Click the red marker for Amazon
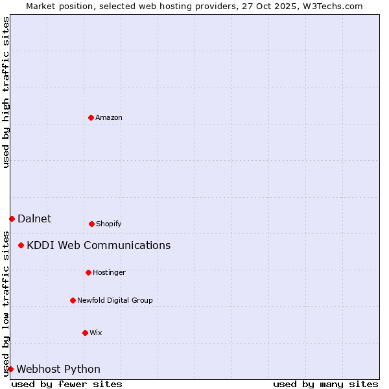pyautogui.click(x=91, y=117)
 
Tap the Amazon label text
pyautogui.click(x=109, y=117)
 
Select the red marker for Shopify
pyautogui.click(x=91, y=224)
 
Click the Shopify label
pyautogui.click(x=109, y=224)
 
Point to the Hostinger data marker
pyautogui.click(x=88, y=272)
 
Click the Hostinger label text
pyautogui.click(x=109, y=272)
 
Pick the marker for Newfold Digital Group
pyautogui.click(x=73, y=300)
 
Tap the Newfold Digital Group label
pyautogui.click(x=115, y=300)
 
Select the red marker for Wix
pyautogui.click(x=85, y=333)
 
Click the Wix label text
pyautogui.click(x=96, y=333)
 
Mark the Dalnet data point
pyautogui.click(x=12, y=218)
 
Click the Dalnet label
pyautogui.click(x=34, y=218)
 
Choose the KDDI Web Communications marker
pyautogui.click(x=21, y=245)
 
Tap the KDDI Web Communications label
pyautogui.click(x=99, y=245)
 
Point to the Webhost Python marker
pyautogui.click(x=10, y=369)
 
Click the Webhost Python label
pyautogui.click(x=58, y=369)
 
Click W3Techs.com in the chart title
pyautogui.click(x=333, y=6)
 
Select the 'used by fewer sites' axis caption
pyautogui.click(x=67, y=384)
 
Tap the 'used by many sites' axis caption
pyautogui.click(x=325, y=384)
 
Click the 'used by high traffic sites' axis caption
pyautogui.click(x=6, y=92)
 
